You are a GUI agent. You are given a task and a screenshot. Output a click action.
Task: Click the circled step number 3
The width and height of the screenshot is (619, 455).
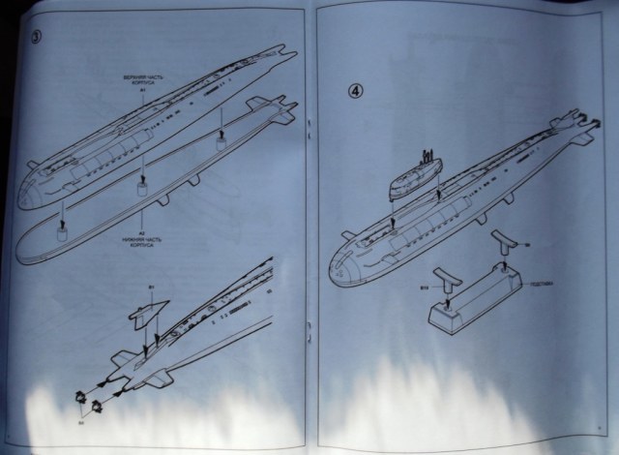pos(36,40)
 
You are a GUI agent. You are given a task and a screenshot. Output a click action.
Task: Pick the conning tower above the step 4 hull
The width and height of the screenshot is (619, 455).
pos(410,175)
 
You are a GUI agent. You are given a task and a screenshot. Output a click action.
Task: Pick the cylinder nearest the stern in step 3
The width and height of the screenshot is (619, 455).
pos(221,141)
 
